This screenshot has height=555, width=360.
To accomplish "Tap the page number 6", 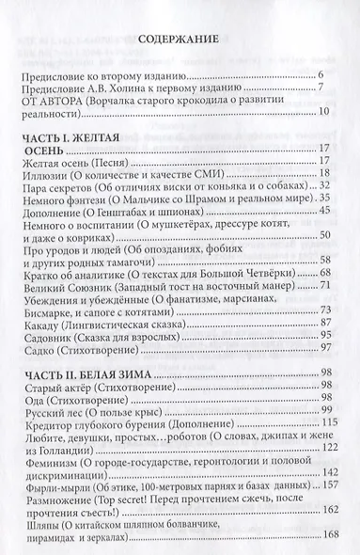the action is pos(321,74).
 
